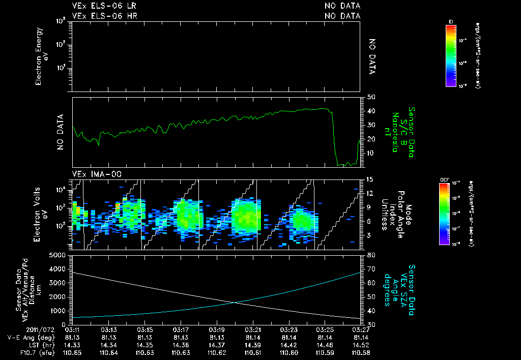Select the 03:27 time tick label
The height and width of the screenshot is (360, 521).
point(361,329)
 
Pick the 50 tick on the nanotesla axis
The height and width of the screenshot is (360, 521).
point(371,97)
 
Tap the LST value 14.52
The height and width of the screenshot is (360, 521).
point(361,345)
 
